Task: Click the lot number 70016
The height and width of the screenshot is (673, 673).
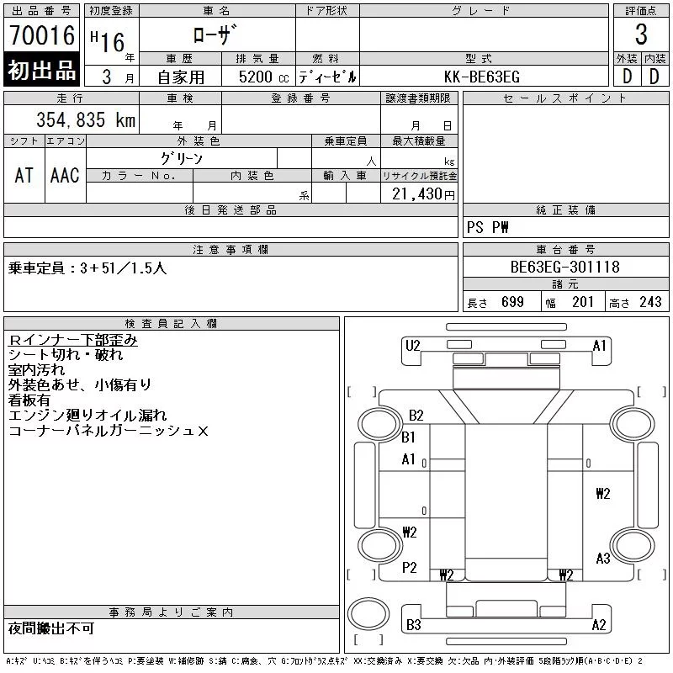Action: [x=42, y=35]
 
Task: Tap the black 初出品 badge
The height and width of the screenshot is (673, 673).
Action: [x=41, y=70]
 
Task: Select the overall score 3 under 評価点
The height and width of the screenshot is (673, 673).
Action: [x=641, y=34]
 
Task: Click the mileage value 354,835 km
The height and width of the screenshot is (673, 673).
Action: [x=86, y=119]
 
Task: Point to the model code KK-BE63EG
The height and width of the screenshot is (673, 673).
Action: [x=482, y=77]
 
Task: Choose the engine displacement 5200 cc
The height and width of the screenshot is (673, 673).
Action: [x=263, y=77]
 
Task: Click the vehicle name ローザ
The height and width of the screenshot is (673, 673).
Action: [x=215, y=34]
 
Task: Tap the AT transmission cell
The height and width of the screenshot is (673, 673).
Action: [x=24, y=175]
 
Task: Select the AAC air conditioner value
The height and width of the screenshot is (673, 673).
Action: [x=65, y=175]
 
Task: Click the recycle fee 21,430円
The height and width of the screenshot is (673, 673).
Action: [x=423, y=194]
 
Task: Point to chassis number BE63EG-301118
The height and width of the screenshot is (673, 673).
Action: [x=564, y=267]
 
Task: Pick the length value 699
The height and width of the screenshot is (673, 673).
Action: [x=512, y=302]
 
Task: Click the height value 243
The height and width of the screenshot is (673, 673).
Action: [x=650, y=302]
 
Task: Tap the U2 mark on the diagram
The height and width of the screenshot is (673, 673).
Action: [x=413, y=346]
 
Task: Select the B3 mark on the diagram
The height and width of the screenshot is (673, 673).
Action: [x=414, y=624]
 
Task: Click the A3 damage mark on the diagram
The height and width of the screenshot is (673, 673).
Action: [x=603, y=559]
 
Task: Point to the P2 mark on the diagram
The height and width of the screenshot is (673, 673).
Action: [x=410, y=567]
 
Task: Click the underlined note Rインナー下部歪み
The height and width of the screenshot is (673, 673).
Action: [x=73, y=340]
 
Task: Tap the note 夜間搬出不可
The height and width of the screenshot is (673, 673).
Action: [x=51, y=628]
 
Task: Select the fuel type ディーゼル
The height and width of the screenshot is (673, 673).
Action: [x=327, y=77]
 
